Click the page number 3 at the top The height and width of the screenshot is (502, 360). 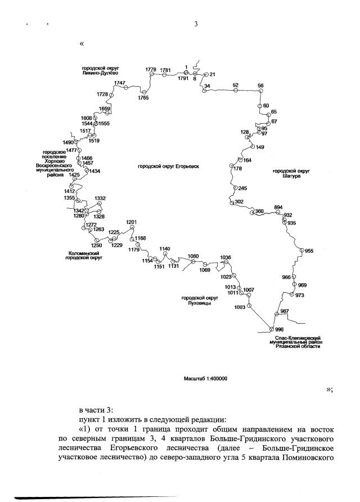coord(195,24)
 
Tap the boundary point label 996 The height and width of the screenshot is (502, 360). coord(280,330)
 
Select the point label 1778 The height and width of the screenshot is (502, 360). coord(151,69)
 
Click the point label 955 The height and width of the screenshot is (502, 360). coord(309,250)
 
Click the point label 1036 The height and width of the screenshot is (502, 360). coord(226,257)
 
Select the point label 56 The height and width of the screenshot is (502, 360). coord(260,85)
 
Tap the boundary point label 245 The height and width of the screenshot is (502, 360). coord(242,188)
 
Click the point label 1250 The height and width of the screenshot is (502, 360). coord(96,245)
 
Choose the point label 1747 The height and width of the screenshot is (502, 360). coord(119,83)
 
